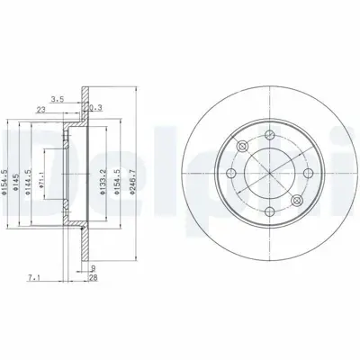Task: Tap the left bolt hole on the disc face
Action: [x=230, y=171]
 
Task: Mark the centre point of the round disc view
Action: [x=271, y=171]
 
